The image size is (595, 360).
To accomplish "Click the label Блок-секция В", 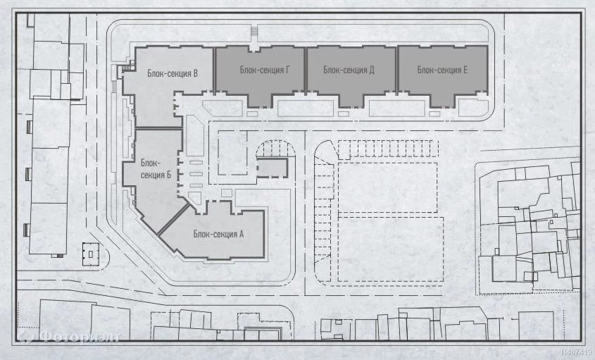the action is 173,73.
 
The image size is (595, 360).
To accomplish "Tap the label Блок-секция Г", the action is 265,70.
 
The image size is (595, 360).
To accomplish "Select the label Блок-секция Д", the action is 349,70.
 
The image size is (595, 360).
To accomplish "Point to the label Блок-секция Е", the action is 442,70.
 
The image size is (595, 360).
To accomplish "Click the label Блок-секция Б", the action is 156,169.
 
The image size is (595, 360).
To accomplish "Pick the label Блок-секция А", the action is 218,234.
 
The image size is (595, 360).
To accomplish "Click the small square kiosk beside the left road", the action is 91,254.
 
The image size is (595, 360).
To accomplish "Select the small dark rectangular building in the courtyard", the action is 272,168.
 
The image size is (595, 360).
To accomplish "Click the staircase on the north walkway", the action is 254,33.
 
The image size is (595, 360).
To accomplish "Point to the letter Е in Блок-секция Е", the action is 465,70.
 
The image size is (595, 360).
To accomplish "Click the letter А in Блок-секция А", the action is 241,234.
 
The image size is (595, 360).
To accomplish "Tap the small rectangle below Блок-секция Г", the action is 252,113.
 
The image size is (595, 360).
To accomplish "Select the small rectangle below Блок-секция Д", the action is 344,113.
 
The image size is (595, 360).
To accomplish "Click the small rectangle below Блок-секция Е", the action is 435,113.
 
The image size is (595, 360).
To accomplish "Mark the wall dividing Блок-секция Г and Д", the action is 306,70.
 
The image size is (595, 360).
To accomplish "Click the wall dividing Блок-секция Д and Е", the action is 397,70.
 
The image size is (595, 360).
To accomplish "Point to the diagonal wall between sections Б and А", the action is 173,218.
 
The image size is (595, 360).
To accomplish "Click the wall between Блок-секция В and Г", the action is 214,70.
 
